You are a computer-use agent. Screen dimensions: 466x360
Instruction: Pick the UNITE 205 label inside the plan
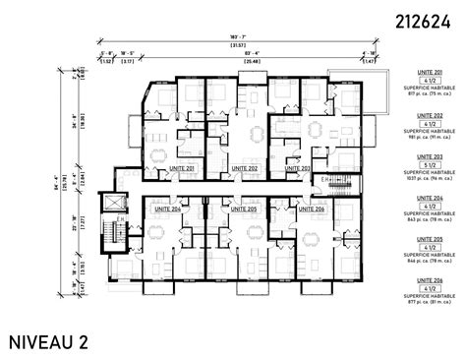point(237,209)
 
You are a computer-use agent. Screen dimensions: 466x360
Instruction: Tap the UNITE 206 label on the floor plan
point(311,209)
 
